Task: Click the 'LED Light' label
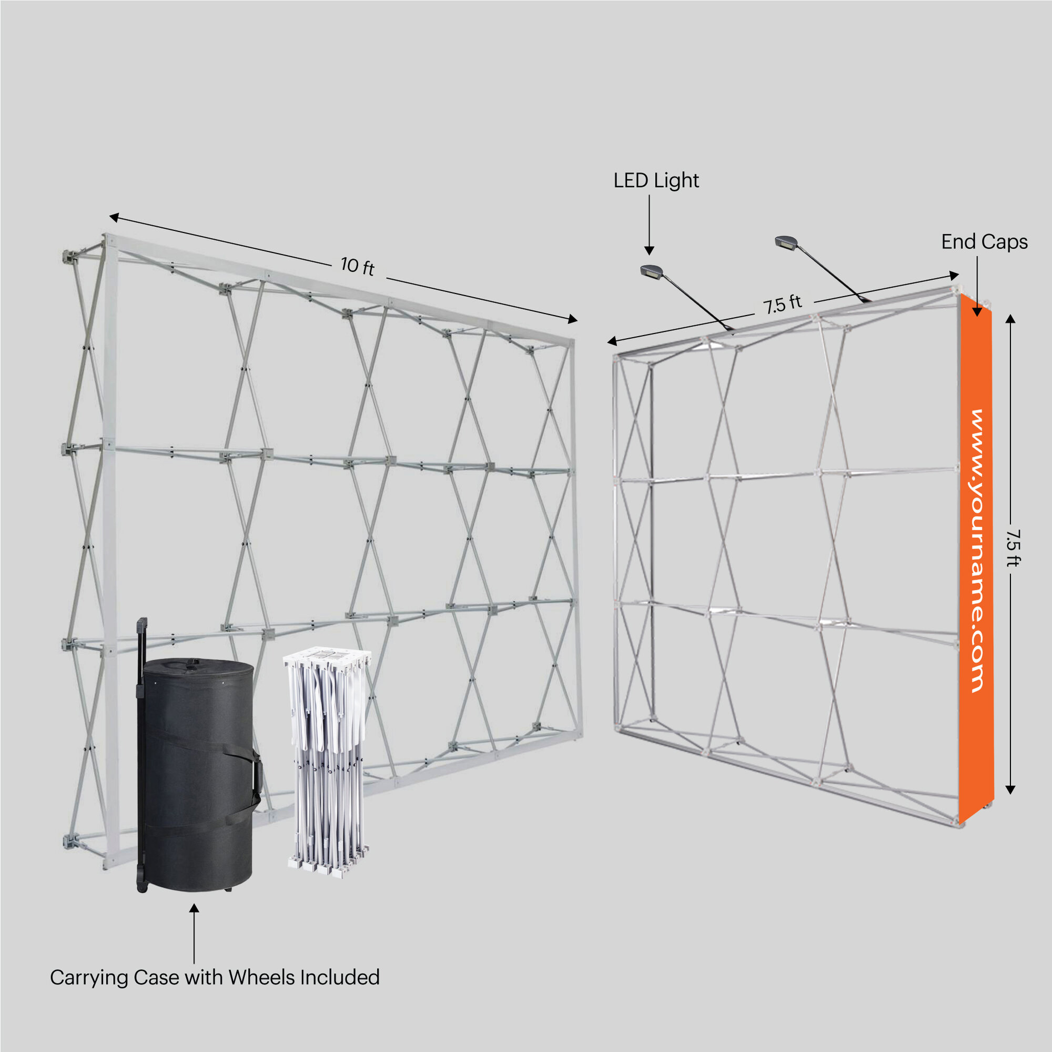click(x=656, y=181)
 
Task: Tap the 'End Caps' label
click(x=985, y=242)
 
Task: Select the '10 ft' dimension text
click(x=357, y=266)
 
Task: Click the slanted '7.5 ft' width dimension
click(x=783, y=304)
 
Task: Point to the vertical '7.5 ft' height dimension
click(x=1011, y=548)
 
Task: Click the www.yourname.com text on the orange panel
click(x=977, y=551)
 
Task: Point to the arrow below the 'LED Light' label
click(x=649, y=225)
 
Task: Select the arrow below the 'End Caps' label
click(x=977, y=286)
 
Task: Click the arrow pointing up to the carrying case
click(x=194, y=934)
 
